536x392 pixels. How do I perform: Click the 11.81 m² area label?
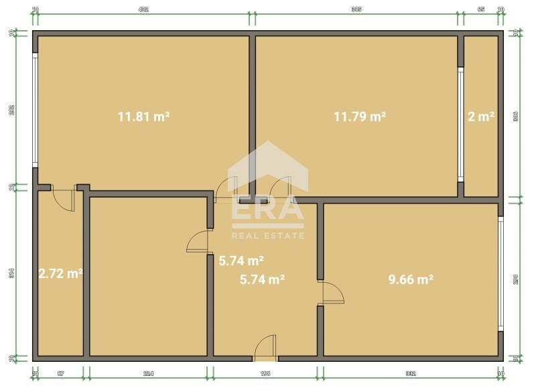[x=143, y=117]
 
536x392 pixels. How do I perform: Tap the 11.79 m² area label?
[x=360, y=117]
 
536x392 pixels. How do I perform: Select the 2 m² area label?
[x=481, y=117]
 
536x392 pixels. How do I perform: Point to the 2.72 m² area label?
[x=60, y=273]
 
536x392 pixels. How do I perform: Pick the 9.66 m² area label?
[x=411, y=279]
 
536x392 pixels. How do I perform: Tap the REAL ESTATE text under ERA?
[x=267, y=236]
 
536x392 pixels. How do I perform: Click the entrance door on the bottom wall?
[x=266, y=346]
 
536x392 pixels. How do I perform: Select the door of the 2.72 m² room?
[x=63, y=200]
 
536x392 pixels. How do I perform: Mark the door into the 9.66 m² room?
[x=332, y=293]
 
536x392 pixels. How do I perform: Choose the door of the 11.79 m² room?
[x=280, y=188]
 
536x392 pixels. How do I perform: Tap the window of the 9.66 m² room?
[x=500, y=273]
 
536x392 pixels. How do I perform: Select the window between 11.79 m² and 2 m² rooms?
[x=460, y=123]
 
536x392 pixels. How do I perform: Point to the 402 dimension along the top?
[x=143, y=10]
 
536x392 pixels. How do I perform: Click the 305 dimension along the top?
[x=356, y=10]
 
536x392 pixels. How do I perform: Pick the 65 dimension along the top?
[x=481, y=10]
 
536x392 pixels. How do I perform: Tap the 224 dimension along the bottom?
[x=148, y=374]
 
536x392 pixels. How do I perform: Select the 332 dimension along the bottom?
[x=411, y=374]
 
